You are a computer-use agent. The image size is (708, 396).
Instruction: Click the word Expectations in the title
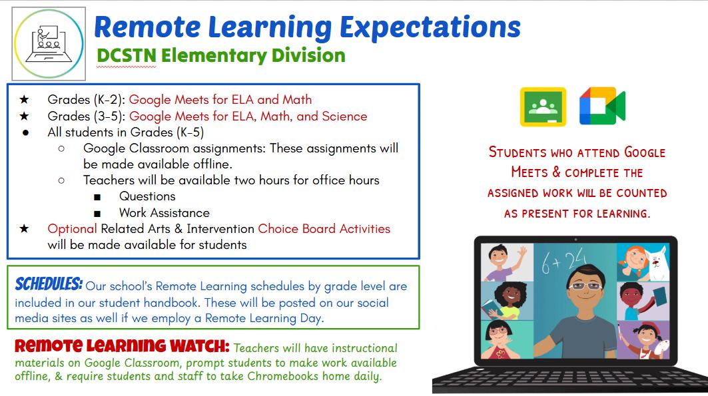click(430, 27)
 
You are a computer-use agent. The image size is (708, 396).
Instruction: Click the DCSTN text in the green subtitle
click(127, 56)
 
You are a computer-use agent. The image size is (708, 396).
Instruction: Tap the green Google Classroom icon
click(543, 106)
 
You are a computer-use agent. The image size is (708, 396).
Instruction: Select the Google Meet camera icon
click(602, 106)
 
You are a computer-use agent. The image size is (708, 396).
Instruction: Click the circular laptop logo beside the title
click(49, 43)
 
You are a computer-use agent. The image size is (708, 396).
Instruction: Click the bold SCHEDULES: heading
click(49, 284)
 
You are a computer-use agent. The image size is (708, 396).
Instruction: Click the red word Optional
click(72, 229)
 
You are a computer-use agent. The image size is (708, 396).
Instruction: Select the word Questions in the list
click(147, 196)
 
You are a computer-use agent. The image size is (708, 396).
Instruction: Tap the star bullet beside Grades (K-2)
click(25, 99)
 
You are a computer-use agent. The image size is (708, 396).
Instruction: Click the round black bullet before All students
click(26, 132)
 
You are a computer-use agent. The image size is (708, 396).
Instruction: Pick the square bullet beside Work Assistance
click(97, 214)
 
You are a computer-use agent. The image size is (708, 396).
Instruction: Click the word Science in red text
click(344, 116)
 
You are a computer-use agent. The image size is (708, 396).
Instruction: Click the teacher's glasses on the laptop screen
click(585, 286)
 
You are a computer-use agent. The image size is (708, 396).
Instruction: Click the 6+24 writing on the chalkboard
click(564, 261)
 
